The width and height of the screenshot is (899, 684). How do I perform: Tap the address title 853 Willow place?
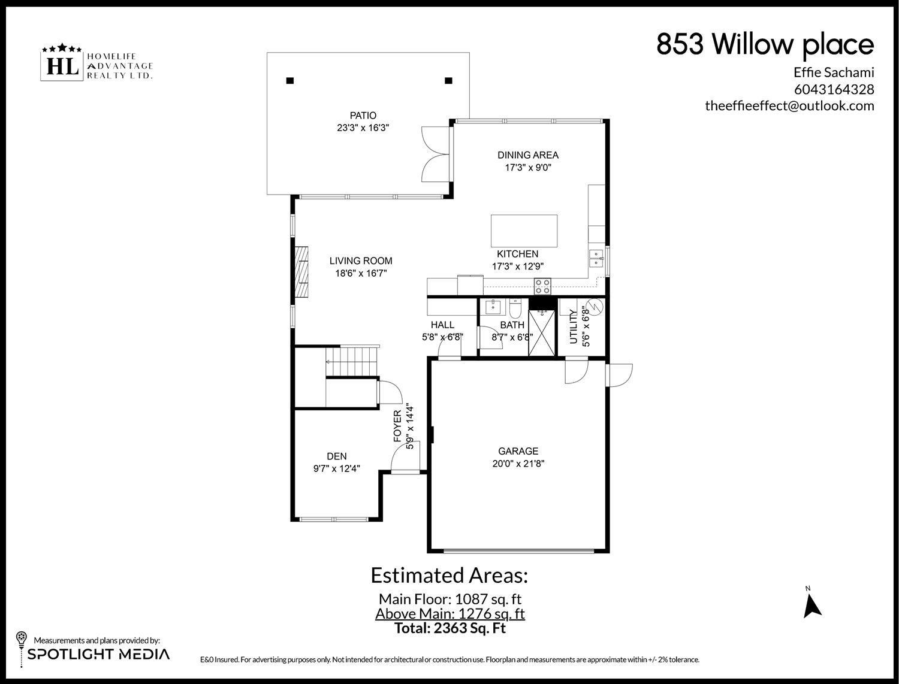[765, 44]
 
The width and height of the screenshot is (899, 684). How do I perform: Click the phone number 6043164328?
[834, 89]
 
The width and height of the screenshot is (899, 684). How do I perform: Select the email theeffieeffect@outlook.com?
[789, 106]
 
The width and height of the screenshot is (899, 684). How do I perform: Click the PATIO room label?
[363, 116]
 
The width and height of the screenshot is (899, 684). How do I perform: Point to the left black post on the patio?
[289, 81]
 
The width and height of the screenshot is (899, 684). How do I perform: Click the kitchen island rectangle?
[524, 231]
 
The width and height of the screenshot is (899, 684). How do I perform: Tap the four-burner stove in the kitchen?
[542, 286]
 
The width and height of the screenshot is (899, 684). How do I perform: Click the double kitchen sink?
[596, 258]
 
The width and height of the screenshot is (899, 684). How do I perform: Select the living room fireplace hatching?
[301, 271]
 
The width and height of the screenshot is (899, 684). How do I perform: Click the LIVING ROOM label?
[361, 261]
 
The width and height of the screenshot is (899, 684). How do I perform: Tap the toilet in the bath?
[515, 309]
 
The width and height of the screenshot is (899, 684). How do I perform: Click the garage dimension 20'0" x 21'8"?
[518, 463]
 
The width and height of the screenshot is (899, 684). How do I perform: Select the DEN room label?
[337, 456]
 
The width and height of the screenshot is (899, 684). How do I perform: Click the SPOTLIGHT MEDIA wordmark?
[98, 654]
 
